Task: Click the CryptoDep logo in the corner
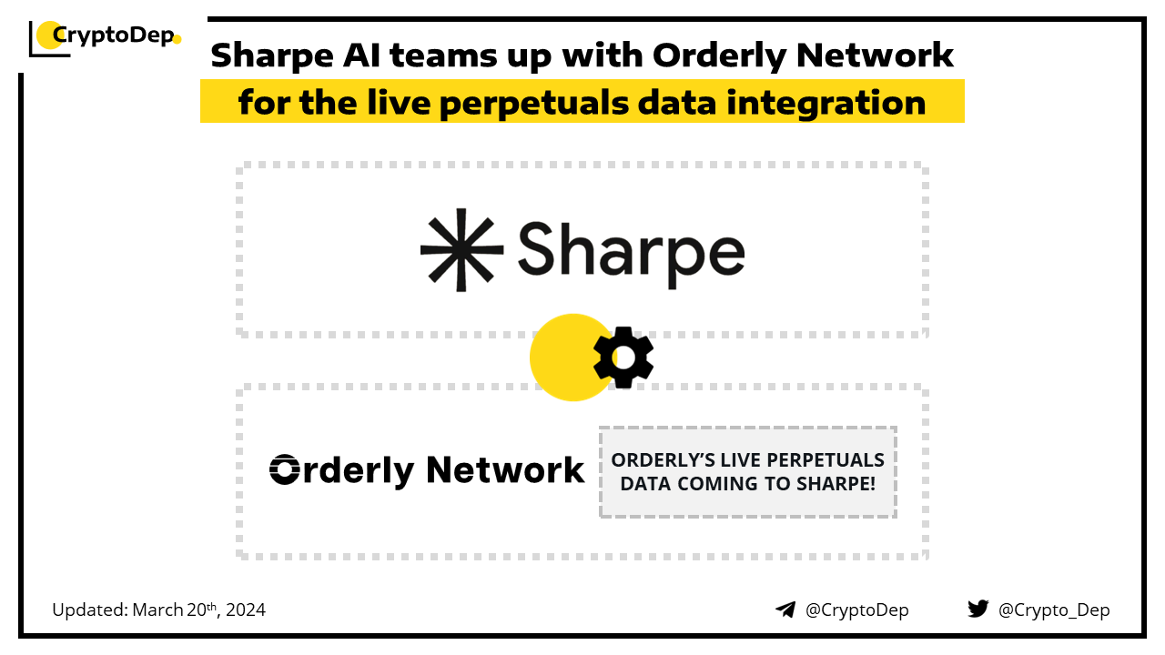(x=105, y=37)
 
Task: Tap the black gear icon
(x=623, y=358)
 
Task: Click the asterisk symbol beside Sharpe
(x=461, y=250)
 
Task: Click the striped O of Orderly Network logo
(x=285, y=469)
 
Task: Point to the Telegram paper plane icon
(x=785, y=610)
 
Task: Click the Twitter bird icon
(x=978, y=609)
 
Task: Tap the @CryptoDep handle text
(x=856, y=610)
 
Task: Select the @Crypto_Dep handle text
(x=1054, y=610)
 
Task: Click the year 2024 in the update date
(x=246, y=610)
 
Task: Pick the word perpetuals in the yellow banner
(x=533, y=104)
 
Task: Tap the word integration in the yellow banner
(x=826, y=103)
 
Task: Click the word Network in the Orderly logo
(x=505, y=470)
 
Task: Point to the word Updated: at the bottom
(x=90, y=610)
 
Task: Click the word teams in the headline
(x=443, y=55)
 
